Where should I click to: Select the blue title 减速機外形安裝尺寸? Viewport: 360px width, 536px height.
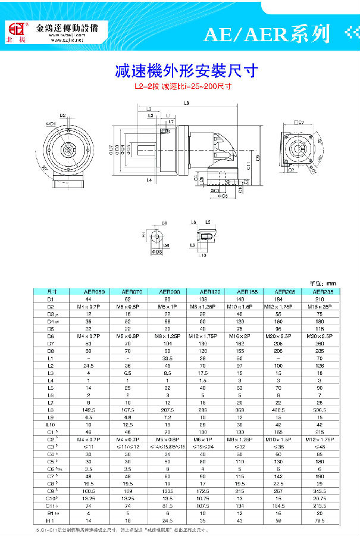tap(186, 71)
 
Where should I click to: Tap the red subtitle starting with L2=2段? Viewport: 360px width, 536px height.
tap(183, 86)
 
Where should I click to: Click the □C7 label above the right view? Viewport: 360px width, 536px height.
tap(299, 122)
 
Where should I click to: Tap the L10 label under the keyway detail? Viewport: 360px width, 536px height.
tap(202, 255)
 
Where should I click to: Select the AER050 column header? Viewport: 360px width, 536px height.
tap(96, 292)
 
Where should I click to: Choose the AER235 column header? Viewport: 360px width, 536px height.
tap(315, 292)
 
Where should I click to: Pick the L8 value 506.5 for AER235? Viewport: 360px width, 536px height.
tap(315, 410)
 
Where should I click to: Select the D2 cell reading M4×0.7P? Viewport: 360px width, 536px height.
tap(96, 307)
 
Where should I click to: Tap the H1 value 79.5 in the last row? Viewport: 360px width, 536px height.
tap(315, 520)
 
